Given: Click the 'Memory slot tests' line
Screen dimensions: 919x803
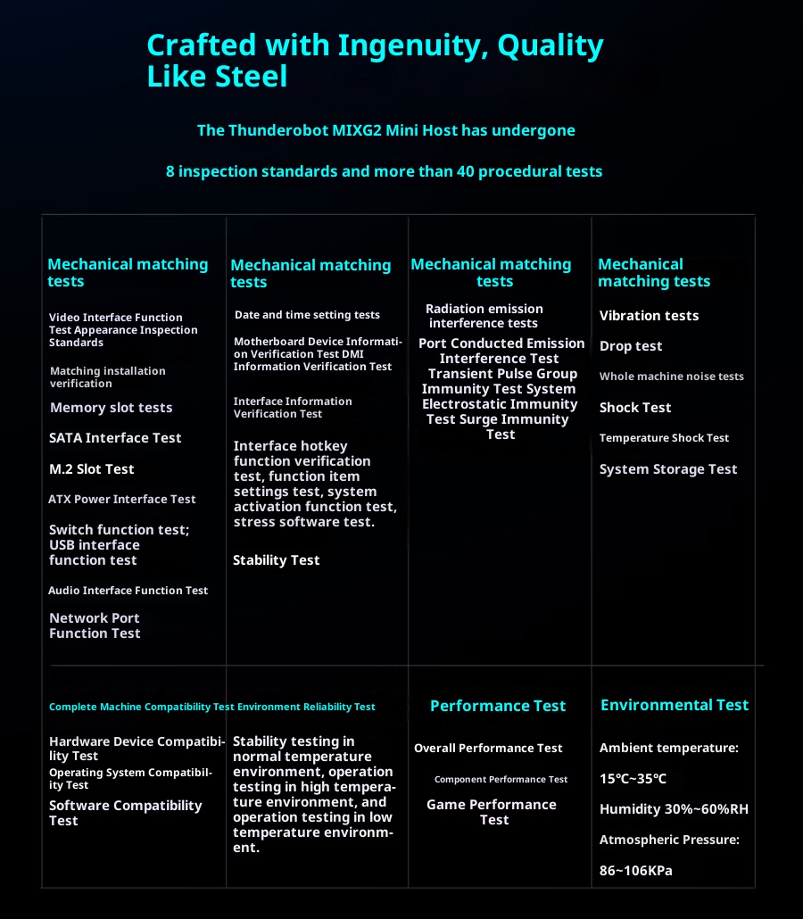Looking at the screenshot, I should tap(111, 408).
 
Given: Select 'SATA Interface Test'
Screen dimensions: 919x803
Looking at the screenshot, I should tap(115, 438).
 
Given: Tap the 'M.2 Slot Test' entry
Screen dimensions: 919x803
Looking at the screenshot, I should tap(91, 469).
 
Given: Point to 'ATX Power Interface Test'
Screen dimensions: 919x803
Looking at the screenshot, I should tap(121, 500).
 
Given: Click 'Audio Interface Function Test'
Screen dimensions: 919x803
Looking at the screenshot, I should tap(128, 591).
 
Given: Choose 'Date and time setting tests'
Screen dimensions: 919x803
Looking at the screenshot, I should tap(307, 315).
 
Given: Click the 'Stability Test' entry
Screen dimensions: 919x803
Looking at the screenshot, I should tap(276, 560).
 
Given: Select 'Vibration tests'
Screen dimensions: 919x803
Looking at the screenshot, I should tap(649, 316).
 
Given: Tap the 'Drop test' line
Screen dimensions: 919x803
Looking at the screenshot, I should tap(631, 346).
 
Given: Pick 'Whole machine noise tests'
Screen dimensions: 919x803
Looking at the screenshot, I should tap(671, 377).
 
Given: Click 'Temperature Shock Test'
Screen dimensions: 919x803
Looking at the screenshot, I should tap(664, 438).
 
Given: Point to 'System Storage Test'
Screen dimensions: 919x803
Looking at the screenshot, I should tap(668, 469).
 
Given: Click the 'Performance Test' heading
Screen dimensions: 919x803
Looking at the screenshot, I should tap(498, 706).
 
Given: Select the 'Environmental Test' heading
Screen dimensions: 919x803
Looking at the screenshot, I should tap(675, 705).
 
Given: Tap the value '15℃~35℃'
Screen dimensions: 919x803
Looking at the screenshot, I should tap(633, 779).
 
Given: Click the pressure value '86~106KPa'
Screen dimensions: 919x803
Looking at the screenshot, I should tap(635, 870).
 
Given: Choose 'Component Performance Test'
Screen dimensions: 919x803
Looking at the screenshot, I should tap(501, 780).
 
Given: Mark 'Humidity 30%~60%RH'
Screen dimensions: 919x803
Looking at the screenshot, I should tap(674, 810).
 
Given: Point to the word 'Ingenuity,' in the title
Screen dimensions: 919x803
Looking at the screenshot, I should tap(386, 45).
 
